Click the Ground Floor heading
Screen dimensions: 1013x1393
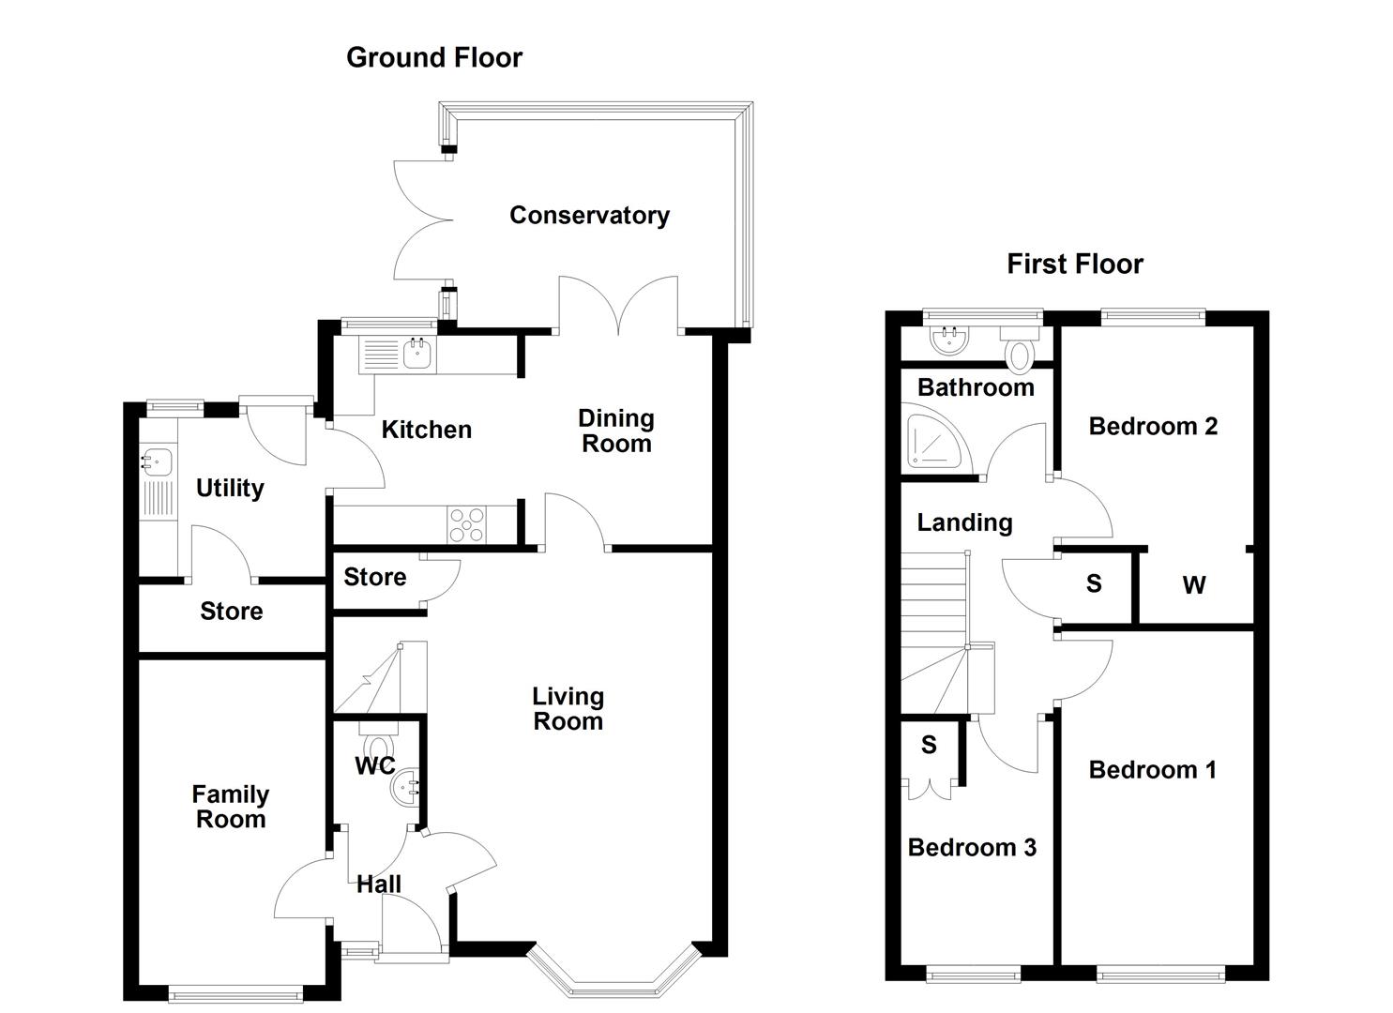(433, 57)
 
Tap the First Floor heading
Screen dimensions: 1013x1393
(1074, 265)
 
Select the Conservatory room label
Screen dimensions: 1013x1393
(589, 215)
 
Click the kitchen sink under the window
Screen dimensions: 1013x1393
(416, 354)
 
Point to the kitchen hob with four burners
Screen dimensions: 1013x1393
(467, 524)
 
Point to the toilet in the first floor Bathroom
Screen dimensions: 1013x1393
(1018, 353)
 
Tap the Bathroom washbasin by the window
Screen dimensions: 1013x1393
(950, 339)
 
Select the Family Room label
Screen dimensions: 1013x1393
(231, 807)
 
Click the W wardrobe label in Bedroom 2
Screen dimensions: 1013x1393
(1193, 586)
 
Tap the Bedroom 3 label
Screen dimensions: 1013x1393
(972, 848)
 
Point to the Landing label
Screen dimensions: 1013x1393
(964, 522)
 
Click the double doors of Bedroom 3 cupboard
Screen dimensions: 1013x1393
(930, 788)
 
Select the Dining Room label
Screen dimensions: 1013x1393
(615, 431)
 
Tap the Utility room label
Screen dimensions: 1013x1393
(230, 488)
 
